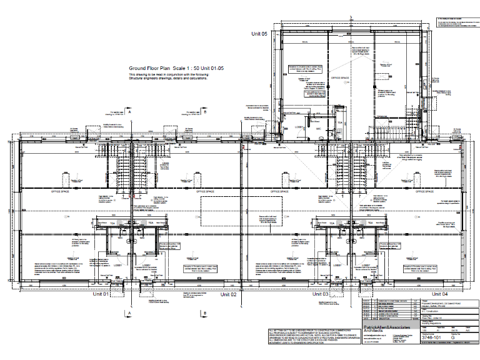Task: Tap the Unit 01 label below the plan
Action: pyautogui.click(x=101, y=293)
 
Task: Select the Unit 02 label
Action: pyautogui.click(x=228, y=293)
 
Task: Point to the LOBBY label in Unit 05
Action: pyautogui.click(x=298, y=127)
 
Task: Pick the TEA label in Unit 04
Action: pyautogui.click(x=369, y=222)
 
